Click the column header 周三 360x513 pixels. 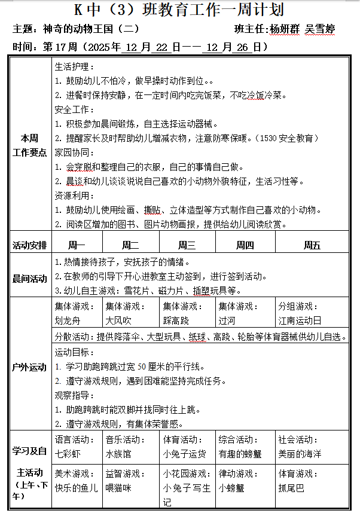[187, 245]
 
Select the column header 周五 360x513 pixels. [312, 245]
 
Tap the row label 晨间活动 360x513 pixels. [29, 279]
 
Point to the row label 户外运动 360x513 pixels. [29, 368]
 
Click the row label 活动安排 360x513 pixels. [29, 245]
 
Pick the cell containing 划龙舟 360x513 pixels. [66, 320]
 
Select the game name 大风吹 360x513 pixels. [118, 320]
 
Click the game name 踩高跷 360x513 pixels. [176, 320]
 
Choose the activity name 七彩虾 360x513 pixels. [66, 454]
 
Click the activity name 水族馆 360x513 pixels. [118, 454]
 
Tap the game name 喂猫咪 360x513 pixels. [118, 487]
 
